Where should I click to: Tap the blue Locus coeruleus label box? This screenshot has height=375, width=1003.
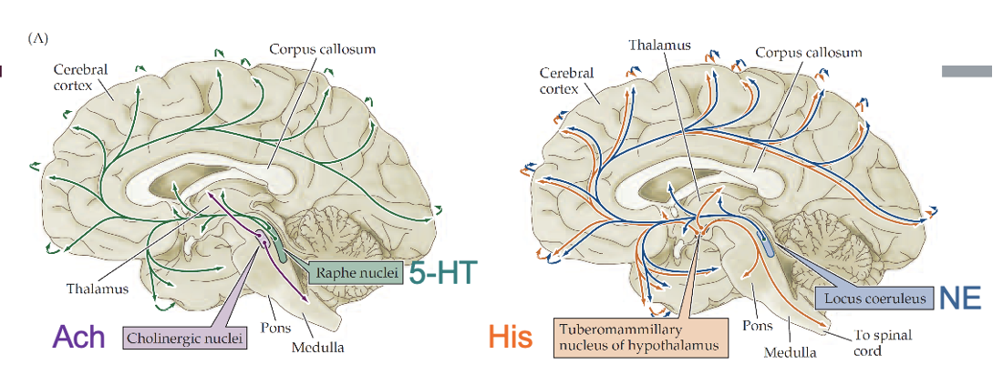click(x=874, y=297)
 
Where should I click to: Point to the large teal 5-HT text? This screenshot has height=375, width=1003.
click(x=442, y=272)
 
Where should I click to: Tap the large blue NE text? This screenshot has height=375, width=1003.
click(x=960, y=297)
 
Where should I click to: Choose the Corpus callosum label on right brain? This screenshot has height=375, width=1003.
click(x=808, y=52)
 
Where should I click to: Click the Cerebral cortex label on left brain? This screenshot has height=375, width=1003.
click(x=81, y=76)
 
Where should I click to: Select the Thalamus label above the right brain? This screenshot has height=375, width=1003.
click(x=659, y=45)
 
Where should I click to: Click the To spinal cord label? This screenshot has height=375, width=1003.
click(x=884, y=343)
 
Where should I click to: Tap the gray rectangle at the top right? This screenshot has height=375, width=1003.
click(x=966, y=71)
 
